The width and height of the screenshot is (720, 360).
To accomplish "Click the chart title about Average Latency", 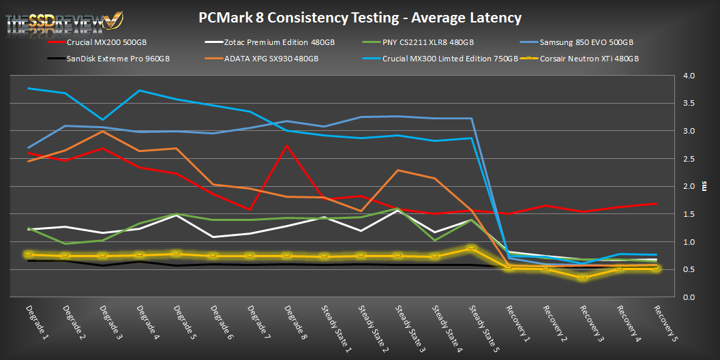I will point(359,18).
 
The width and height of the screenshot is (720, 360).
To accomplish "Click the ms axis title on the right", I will point(705,186).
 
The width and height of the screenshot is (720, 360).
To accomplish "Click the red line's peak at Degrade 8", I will point(287,145).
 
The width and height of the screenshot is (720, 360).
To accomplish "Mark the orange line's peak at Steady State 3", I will point(397,170).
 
